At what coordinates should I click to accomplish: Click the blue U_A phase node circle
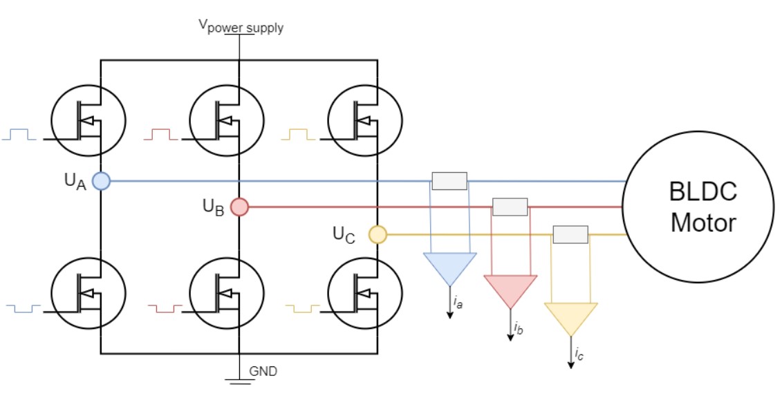pyautogui.click(x=101, y=181)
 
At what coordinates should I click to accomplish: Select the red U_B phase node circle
pyautogui.click(x=239, y=207)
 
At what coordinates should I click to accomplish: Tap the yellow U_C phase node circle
pyautogui.click(x=378, y=235)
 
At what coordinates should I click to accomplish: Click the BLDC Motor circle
pyautogui.click(x=698, y=207)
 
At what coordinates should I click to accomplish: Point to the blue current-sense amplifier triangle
pyautogui.click(x=449, y=267)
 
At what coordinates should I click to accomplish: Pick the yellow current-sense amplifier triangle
pyautogui.click(x=571, y=317)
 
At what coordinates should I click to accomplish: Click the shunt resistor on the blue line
pyautogui.click(x=449, y=181)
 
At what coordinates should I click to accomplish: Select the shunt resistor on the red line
pyautogui.click(x=510, y=207)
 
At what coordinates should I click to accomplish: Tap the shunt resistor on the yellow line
pyautogui.click(x=570, y=234)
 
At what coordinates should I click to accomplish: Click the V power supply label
pyautogui.click(x=241, y=27)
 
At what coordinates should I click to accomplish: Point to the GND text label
pyautogui.click(x=263, y=371)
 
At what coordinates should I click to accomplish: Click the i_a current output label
pyautogui.click(x=458, y=301)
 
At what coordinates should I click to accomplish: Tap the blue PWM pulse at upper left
pyautogui.click(x=19, y=134)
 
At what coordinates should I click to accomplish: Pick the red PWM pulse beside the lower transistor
pyautogui.click(x=165, y=306)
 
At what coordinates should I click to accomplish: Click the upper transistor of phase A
pyautogui.click(x=89, y=119)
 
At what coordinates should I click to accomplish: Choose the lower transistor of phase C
pyautogui.click(x=365, y=292)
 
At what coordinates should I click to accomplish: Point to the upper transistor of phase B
pyautogui.click(x=227, y=119)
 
